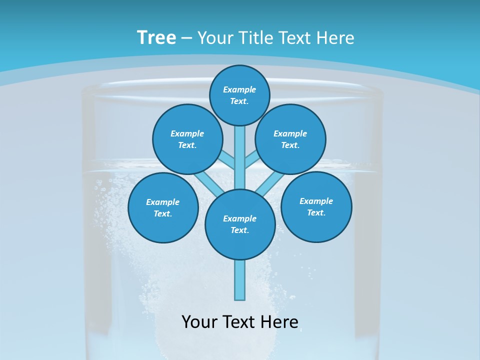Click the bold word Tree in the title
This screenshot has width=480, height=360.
click(156, 37)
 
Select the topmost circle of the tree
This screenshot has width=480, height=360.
click(239, 95)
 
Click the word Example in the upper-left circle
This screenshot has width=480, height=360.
click(187, 133)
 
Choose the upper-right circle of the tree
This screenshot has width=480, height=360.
click(290, 139)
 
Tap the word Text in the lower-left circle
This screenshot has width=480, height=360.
click(162, 213)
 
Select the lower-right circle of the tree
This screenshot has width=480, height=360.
click(316, 206)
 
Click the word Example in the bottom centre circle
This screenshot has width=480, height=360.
click(239, 218)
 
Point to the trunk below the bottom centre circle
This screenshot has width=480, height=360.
click(240, 280)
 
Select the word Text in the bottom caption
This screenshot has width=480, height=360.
click(239, 321)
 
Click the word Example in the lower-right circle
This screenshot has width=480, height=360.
click(316, 201)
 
